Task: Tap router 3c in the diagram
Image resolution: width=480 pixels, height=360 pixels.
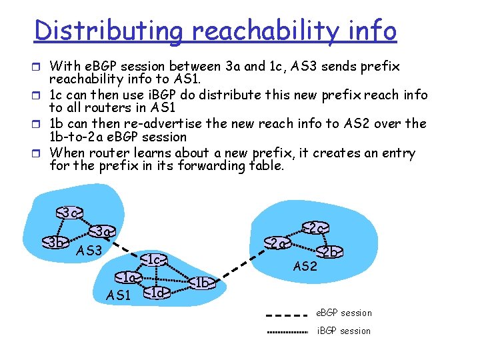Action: click(x=69, y=213)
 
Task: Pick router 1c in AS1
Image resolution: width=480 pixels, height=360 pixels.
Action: click(x=154, y=259)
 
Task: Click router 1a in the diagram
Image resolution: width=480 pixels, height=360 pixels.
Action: click(x=127, y=277)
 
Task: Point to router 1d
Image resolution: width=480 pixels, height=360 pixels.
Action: click(x=157, y=292)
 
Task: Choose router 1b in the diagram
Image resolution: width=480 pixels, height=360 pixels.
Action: click(x=203, y=283)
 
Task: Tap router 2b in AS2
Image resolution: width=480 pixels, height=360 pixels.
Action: click(x=329, y=252)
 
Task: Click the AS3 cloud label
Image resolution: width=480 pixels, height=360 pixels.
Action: click(x=89, y=251)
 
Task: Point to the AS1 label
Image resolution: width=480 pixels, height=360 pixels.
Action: click(x=119, y=295)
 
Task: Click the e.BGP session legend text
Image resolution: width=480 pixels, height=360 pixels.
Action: click(x=344, y=313)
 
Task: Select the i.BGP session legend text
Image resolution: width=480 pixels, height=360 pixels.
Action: click(x=343, y=331)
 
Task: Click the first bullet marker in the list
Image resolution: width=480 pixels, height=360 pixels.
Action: click(x=41, y=67)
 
